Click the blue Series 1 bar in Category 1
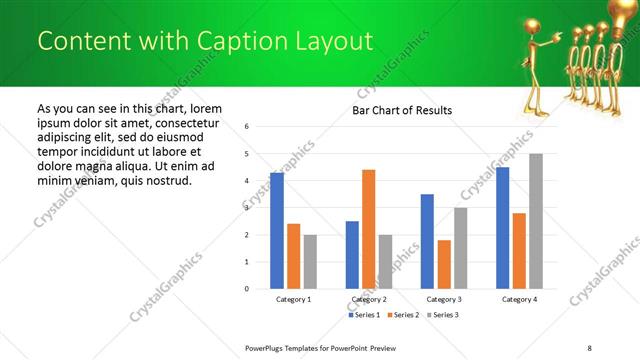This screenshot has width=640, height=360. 277,231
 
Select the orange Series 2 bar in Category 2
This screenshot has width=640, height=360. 369,229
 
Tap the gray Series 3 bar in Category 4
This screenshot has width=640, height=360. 536,221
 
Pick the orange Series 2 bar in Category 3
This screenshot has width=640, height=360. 444,264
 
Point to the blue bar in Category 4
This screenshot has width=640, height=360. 502,228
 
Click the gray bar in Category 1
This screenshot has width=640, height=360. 311,262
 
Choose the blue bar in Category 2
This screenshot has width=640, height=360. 352,255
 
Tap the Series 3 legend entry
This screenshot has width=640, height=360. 443,315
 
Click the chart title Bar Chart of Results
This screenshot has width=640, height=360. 402,110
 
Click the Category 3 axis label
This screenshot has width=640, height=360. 444,299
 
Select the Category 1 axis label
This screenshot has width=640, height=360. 294,299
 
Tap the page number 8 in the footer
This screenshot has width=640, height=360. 590,347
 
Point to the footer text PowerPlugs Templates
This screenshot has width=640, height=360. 290,347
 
